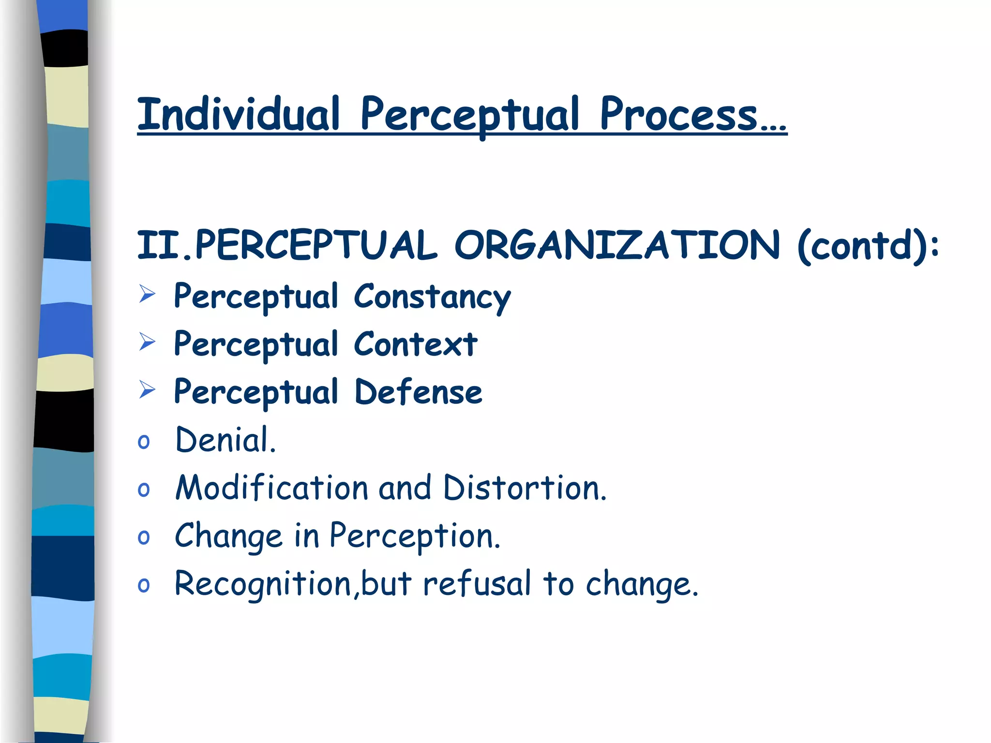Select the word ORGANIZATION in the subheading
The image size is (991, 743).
coord(617,245)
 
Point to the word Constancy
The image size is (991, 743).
coord(432,297)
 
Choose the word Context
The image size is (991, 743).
coord(416,344)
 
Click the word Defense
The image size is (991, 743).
coord(418,392)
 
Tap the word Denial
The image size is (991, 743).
coord(225,440)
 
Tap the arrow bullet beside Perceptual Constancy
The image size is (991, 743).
coord(147,294)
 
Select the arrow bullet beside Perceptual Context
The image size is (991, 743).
coord(147,342)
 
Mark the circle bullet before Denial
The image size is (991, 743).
coord(144,442)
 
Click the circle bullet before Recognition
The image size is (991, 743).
coord(144,585)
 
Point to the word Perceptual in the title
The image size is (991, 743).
coord(469,115)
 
